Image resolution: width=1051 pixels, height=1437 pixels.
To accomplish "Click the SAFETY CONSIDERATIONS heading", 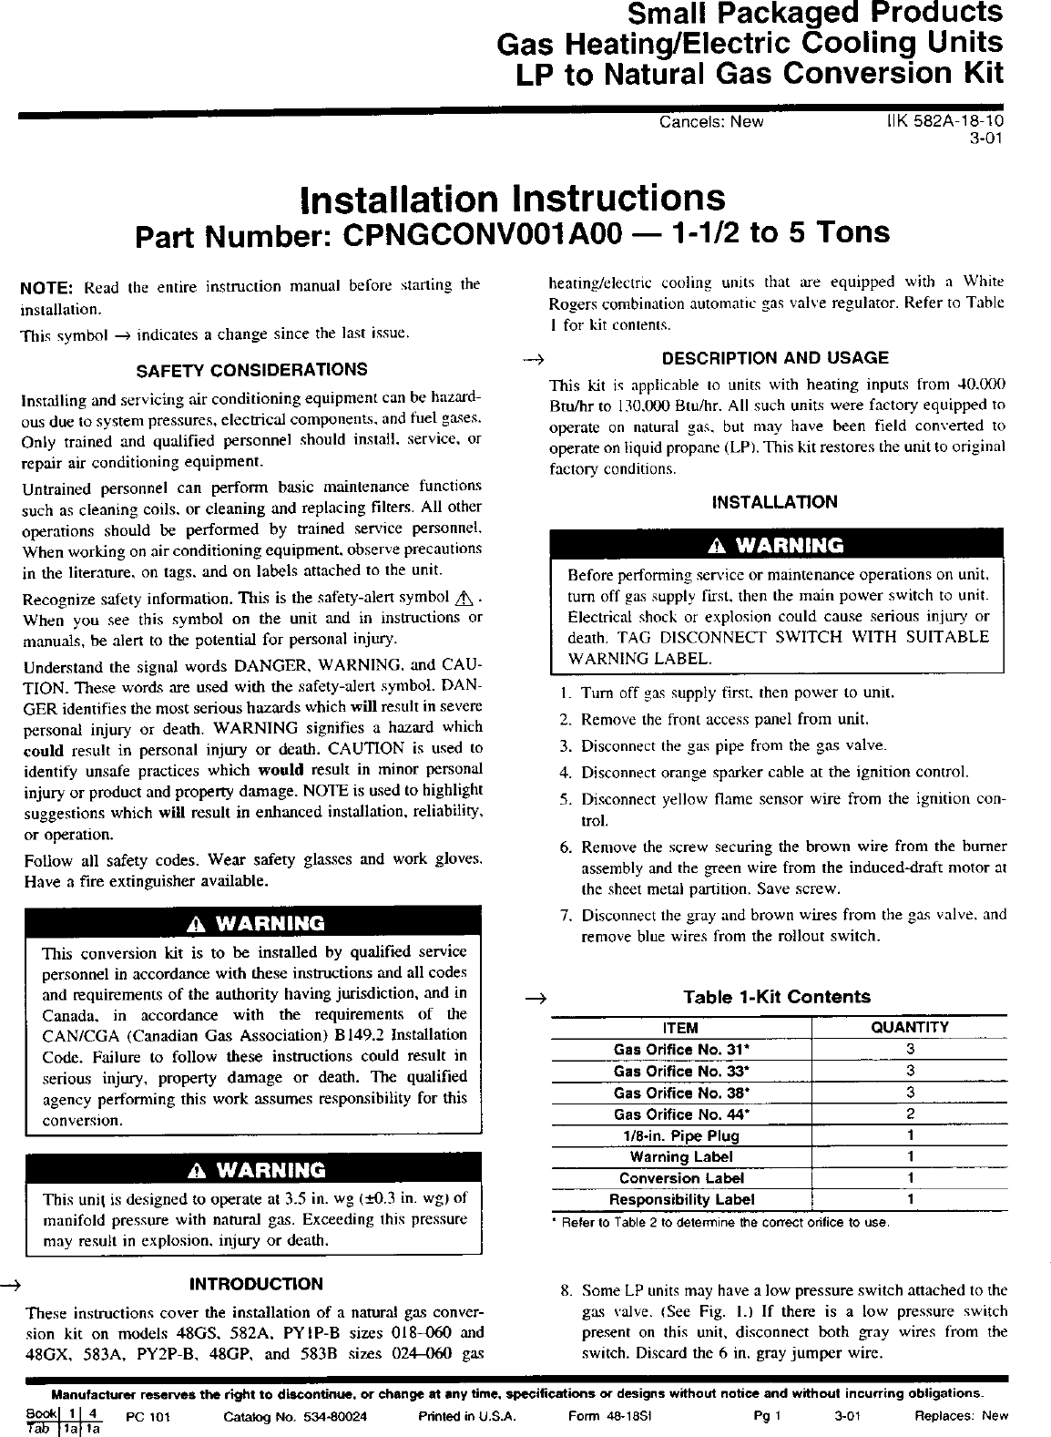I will click(251, 370).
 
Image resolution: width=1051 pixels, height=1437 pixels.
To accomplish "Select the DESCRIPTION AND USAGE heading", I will click(775, 358).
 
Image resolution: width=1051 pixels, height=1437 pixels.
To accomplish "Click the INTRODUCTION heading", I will click(256, 1285).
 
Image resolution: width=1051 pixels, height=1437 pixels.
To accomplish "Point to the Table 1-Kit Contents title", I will click(777, 997).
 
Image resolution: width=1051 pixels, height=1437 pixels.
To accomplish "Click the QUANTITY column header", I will click(910, 1027).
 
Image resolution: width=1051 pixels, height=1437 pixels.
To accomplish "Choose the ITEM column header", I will click(681, 1027).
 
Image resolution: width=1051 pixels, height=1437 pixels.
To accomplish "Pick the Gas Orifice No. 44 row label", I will click(680, 1114).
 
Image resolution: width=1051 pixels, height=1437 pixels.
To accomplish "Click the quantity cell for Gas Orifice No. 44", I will click(910, 1114).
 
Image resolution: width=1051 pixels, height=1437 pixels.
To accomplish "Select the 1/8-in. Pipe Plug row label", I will click(681, 1136).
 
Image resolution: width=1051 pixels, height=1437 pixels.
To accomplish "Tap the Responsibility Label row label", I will click(681, 1200).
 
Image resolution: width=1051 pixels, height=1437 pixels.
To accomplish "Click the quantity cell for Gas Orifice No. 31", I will click(910, 1049).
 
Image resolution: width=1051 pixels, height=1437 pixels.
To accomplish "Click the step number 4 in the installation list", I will click(565, 773).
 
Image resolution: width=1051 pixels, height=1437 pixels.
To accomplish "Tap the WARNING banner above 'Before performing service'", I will click(776, 546).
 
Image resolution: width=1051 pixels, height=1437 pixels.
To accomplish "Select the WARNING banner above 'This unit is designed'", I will click(253, 1170).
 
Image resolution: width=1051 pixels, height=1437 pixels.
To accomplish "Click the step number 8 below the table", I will click(566, 1291).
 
